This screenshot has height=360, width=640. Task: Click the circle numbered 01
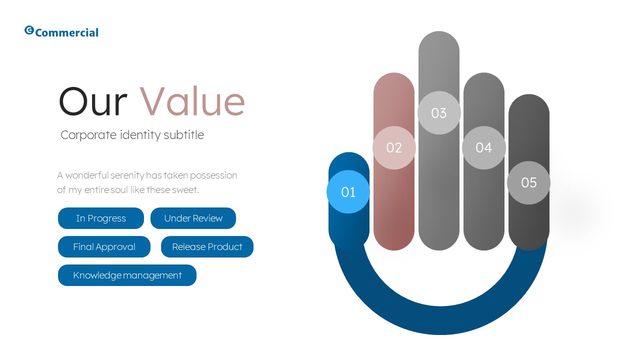(348, 192)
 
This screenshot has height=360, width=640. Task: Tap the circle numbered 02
(394, 147)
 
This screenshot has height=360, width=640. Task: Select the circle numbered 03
(438, 113)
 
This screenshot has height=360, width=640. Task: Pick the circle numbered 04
(483, 147)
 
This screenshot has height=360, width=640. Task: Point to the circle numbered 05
(528, 182)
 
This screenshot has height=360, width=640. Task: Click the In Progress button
(101, 218)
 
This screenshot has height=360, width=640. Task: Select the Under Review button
(193, 218)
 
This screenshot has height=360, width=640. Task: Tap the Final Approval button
(104, 247)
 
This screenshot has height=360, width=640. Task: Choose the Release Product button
(207, 247)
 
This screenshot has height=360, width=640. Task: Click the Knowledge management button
(127, 275)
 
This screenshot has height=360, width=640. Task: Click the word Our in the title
(93, 102)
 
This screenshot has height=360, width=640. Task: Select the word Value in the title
(192, 102)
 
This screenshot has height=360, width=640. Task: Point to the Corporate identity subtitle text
(132, 135)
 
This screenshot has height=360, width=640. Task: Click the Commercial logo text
(67, 33)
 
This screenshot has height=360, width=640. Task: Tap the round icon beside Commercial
(29, 30)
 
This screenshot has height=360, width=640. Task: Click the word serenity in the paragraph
(127, 175)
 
